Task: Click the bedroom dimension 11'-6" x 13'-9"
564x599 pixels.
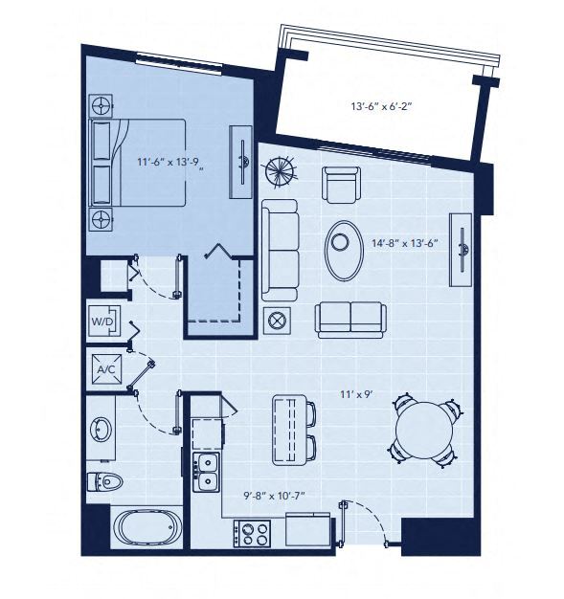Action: click(168, 163)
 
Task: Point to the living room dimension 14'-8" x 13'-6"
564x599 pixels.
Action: click(404, 243)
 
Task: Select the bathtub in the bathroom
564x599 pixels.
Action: click(145, 528)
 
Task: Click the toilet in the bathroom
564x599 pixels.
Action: click(104, 481)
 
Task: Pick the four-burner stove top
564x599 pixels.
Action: click(255, 531)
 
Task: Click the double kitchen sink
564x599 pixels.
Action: click(207, 472)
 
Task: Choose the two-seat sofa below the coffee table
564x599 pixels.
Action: click(351, 319)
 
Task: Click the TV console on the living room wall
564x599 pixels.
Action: click(462, 251)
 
